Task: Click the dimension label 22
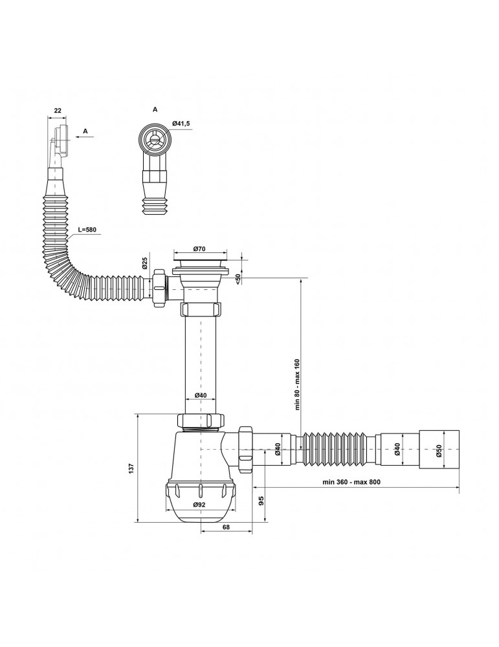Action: coord(58,110)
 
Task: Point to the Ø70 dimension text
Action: coord(199,248)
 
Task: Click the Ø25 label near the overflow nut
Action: coord(145,263)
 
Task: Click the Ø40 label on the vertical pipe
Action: coord(200,395)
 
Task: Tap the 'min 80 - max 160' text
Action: coord(296,384)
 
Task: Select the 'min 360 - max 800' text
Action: coord(351,481)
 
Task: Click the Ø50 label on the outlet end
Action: coord(439,450)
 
